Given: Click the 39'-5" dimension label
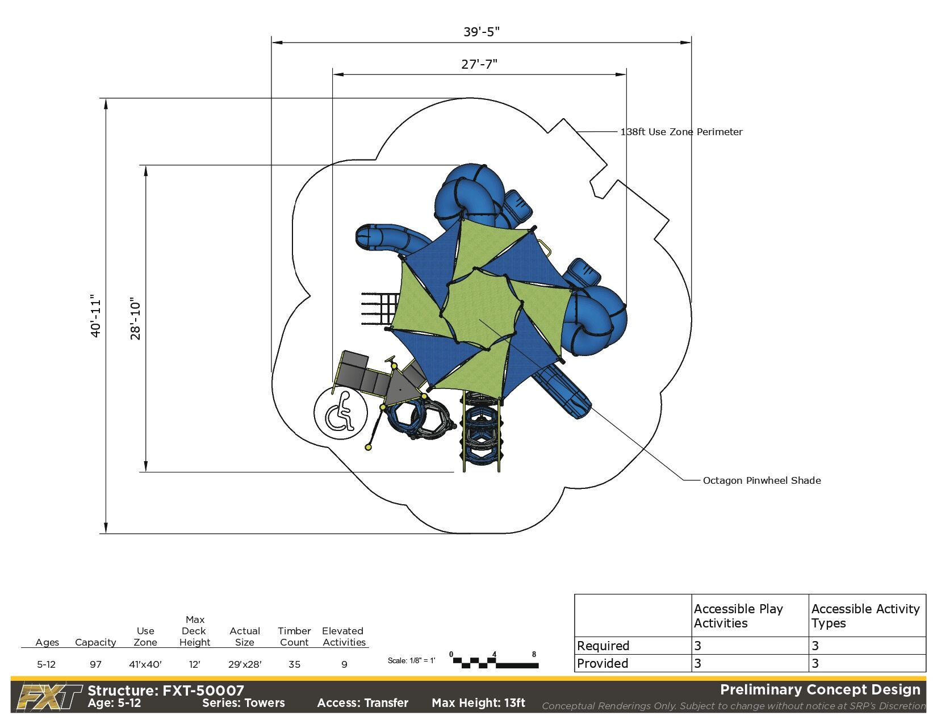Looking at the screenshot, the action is click(481, 32).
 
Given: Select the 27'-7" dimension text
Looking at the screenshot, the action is click(479, 64).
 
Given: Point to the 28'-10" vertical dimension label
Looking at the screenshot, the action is click(135, 318).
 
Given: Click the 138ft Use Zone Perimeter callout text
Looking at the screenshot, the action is click(681, 132).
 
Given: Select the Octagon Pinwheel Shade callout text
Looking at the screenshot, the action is click(762, 480).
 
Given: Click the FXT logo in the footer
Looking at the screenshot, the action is click(49, 697).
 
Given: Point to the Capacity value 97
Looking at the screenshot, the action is click(95, 664).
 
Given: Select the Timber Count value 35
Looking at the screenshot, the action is click(294, 664).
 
